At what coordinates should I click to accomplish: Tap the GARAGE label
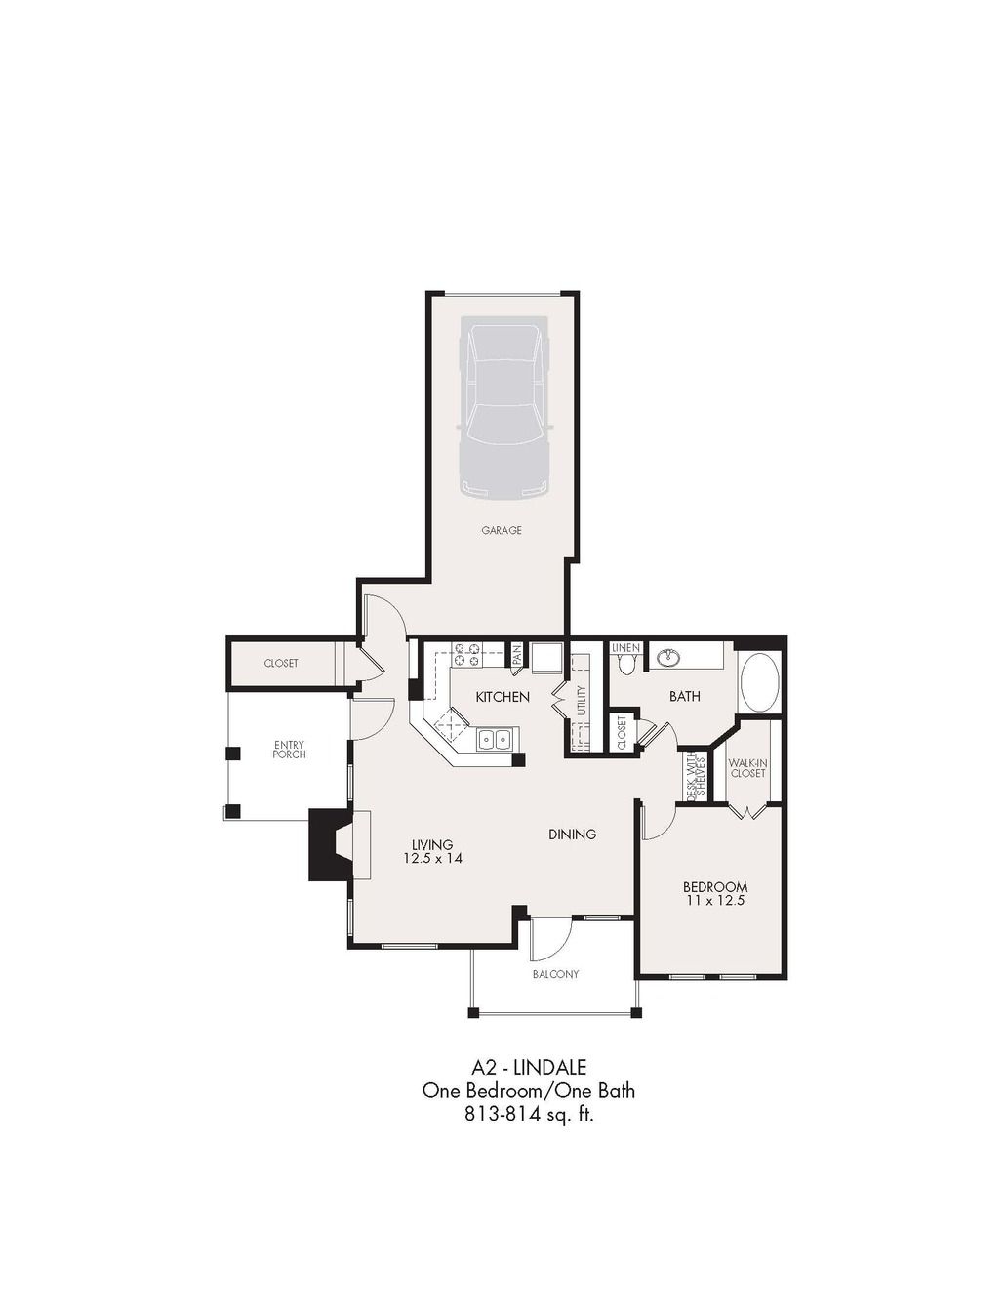click(x=502, y=530)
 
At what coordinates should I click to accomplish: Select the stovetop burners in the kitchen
click(x=467, y=654)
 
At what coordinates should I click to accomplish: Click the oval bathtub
click(x=760, y=683)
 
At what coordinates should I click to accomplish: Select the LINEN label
click(x=626, y=648)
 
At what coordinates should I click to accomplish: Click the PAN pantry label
click(x=516, y=655)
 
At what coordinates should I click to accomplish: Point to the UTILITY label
click(x=581, y=700)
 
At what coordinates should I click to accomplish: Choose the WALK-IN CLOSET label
click(x=747, y=769)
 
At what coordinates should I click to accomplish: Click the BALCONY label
click(x=555, y=974)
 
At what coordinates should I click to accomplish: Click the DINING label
click(x=572, y=834)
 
